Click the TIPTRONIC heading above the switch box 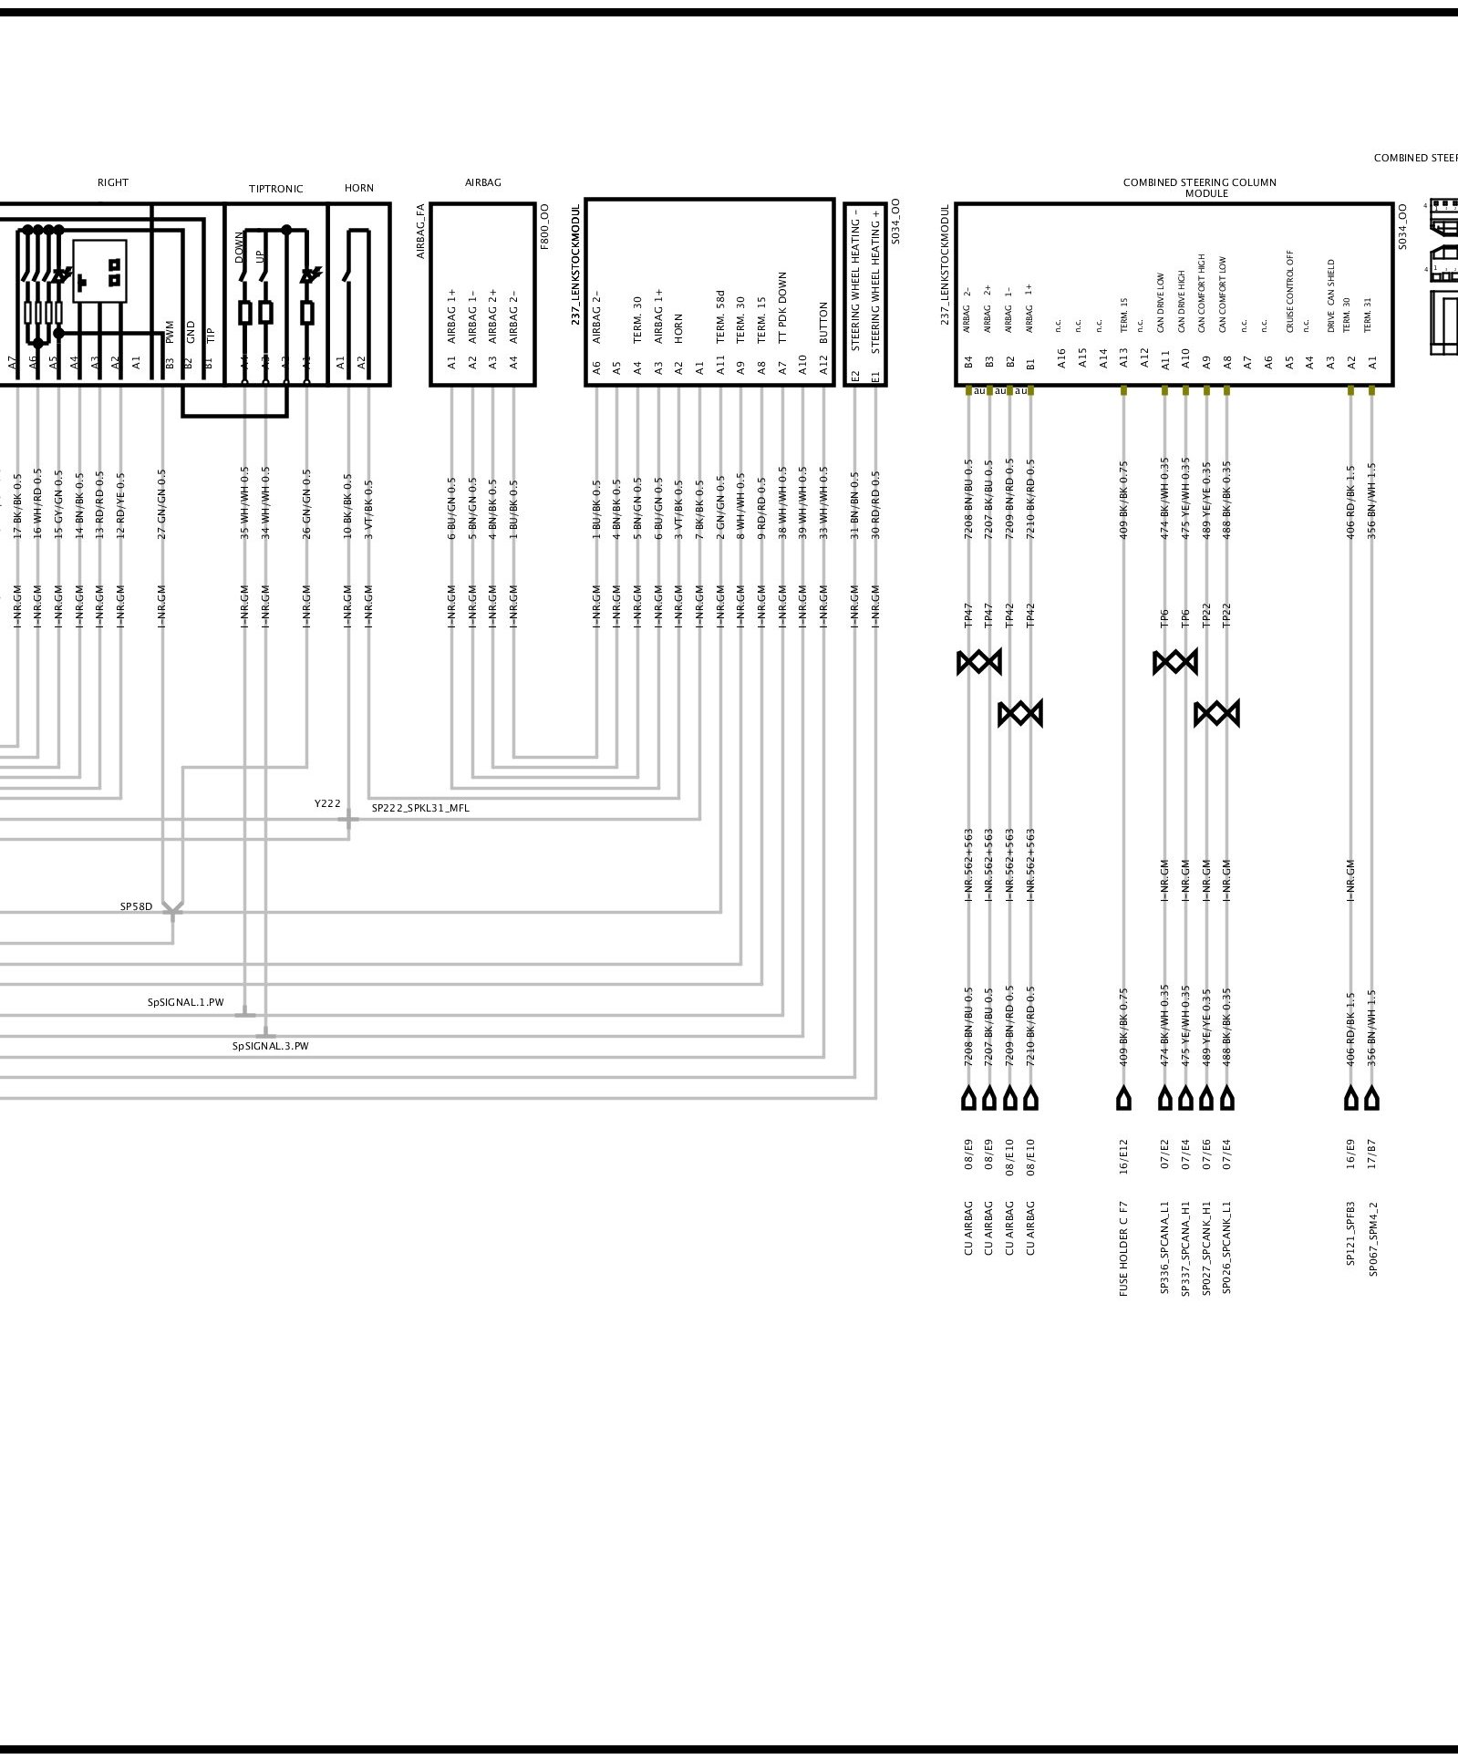pyautogui.click(x=275, y=189)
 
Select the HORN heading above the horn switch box pyautogui.click(x=359, y=188)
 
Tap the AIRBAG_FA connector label pyautogui.click(x=421, y=231)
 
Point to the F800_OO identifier pyautogui.click(x=544, y=227)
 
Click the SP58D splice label pyautogui.click(x=137, y=907)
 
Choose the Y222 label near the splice pyautogui.click(x=327, y=803)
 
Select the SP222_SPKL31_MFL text pyautogui.click(x=420, y=808)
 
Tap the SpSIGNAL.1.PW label pyautogui.click(x=185, y=1002)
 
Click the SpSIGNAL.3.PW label pyautogui.click(x=270, y=1046)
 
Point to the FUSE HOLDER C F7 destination pyautogui.click(x=1123, y=1248)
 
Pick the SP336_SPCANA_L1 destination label pyautogui.click(x=1164, y=1248)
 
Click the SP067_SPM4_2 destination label pyautogui.click(x=1373, y=1239)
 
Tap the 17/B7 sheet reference pyautogui.click(x=1373, y=1155)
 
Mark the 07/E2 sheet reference pyautogui.click(x=1164, y=1155)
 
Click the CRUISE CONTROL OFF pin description pyautogui.click(x=1290, y=290)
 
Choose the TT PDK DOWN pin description pyautogui.click(x=782, y=307)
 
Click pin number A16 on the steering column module pyautogui.click(x=1061, y=358)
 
